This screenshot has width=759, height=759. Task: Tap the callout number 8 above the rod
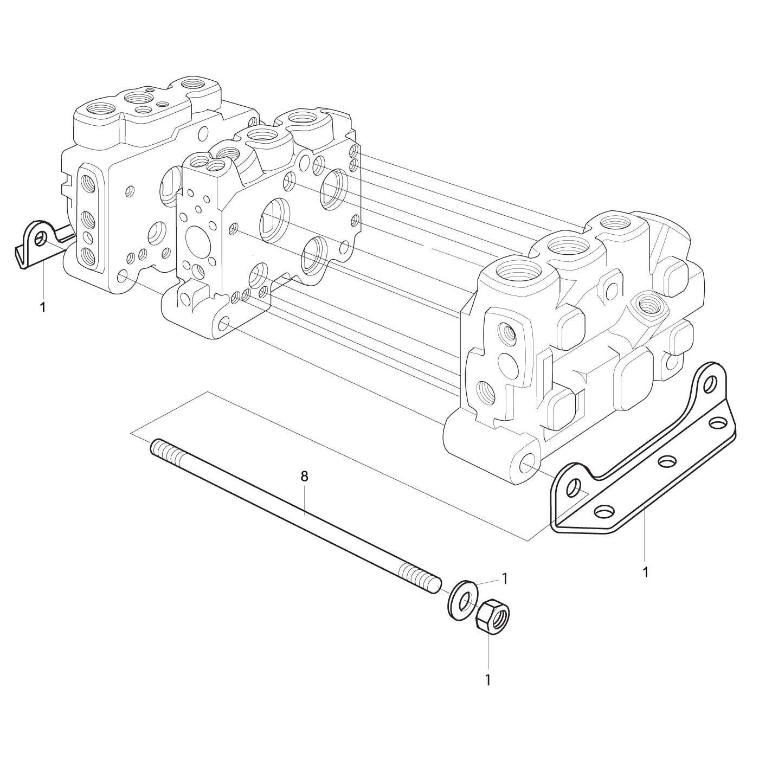pyautogui.click(x=305, y=476)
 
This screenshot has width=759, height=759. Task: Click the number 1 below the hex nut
pyautogui.click(x=488, y=680)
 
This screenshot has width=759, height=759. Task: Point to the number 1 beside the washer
pyautogui.click(x=505, y=578)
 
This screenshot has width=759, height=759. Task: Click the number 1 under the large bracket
pyautogui.click(x=645, y=583)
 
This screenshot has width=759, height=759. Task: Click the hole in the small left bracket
pyautogui.click(x=40, y=239)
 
